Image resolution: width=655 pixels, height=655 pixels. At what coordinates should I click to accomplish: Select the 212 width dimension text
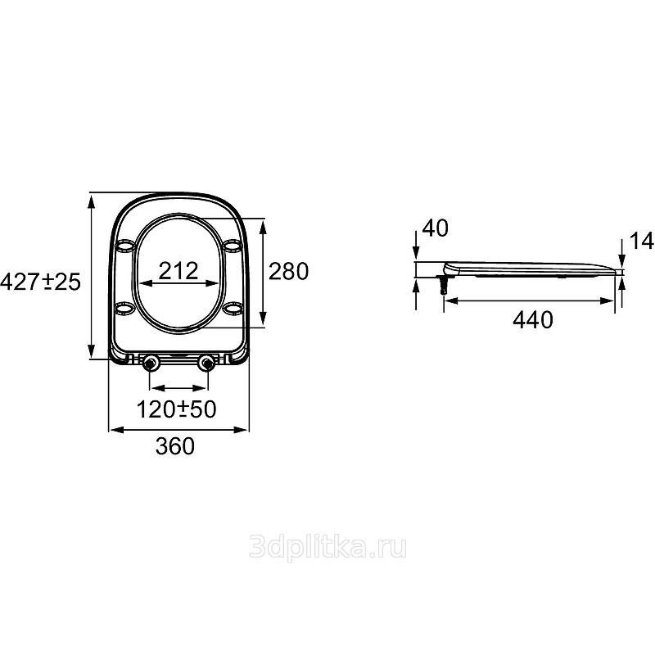178,271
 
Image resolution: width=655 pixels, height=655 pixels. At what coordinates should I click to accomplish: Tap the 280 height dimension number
288,271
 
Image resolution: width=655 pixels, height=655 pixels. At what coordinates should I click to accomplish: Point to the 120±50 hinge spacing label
176,409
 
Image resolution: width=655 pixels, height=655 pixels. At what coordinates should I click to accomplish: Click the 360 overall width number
175,445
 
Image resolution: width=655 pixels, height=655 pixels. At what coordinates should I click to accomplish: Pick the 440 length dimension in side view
533,320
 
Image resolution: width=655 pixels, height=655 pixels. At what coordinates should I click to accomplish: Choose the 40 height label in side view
436,228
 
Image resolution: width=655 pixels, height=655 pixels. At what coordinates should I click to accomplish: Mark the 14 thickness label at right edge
641,241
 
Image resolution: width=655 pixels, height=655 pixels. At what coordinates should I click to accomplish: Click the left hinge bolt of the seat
150,364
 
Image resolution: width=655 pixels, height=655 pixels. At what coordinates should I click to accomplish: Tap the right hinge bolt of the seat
206,364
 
